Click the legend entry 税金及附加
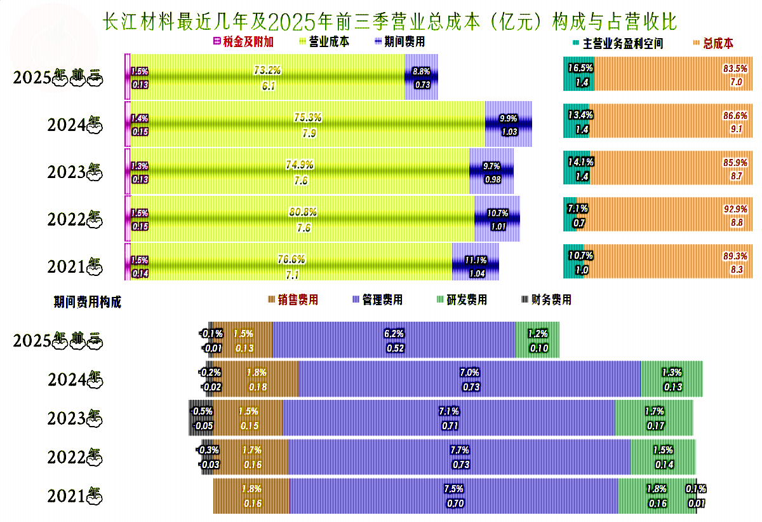248,43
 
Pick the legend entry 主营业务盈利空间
623,44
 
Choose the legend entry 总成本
718,44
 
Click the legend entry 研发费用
466,299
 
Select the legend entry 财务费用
550,299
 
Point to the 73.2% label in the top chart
267,70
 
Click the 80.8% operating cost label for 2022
303,212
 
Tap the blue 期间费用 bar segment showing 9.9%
508,125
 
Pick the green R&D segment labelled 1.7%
653,418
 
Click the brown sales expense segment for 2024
256,380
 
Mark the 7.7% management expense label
459,450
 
